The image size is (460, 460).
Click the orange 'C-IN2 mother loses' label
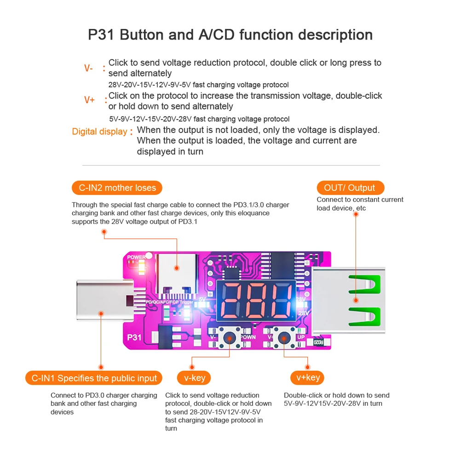tap(117, 188)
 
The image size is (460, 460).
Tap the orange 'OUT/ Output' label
tap(350, 188)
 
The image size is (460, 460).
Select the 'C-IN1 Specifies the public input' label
tap(94, 378)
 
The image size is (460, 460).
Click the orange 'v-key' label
tap(194, 378)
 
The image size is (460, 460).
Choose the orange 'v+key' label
tap(307, 378)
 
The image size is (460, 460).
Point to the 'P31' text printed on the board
tap(134, 337)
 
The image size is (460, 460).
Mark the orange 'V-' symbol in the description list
tap(89, 68)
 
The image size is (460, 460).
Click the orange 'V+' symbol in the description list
tap(89, 100)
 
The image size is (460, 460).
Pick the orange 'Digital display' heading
tap(99, 132)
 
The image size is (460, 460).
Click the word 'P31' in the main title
tap(102, 35)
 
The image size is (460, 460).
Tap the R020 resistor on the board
tap(319, 342)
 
